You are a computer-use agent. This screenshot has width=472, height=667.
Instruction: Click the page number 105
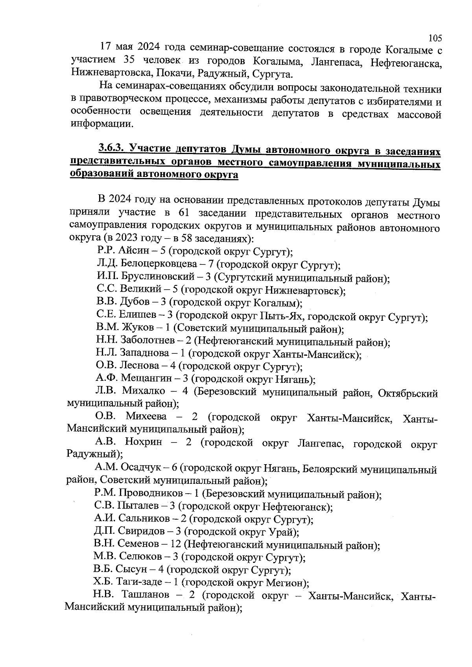point(435,38)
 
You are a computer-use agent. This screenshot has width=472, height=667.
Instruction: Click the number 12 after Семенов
point(176,544)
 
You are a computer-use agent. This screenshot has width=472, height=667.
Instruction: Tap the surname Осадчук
point(141,468)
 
